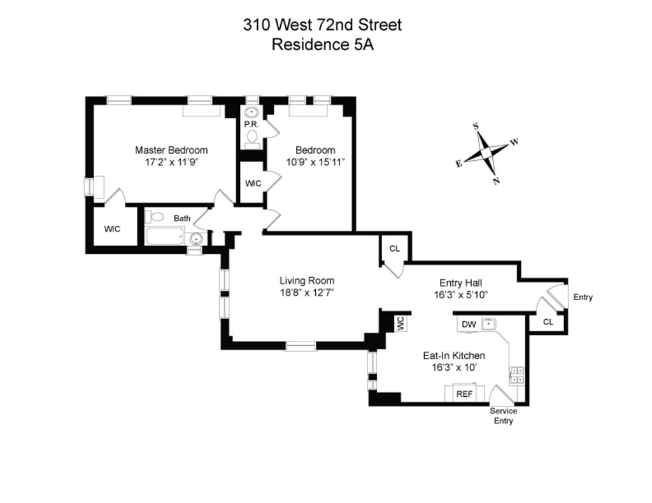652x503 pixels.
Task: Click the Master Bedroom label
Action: pyautogui.click(x=171, y=150)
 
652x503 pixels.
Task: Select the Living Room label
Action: pyautogui.click(x=307, y=280)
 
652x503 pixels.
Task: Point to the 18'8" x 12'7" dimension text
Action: pyautogui.click(x=307, y=293)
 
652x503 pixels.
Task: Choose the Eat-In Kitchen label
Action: pyautogui.click(x=454, y=355)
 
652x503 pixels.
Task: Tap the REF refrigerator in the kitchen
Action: pyautogui.click(x=465, y=394)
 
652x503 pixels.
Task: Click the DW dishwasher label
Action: pyautogui.click(x=469, y=324)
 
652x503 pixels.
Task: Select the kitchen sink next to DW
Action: pyautogui.click(x=488, y=324)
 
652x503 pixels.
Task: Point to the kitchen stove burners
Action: pyautogui.click(x=517, y=375)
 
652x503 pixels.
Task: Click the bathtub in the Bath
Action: pyautogui.click(x=165, y=237)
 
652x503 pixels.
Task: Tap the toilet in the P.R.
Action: pyautogui.click(x=252, y=136)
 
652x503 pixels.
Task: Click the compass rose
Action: pyautogui.click(x=486, y=153)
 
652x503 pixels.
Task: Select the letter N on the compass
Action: pyautogui.click(x=496, y=181)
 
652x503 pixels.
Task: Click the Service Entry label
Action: pyautogui.click(x=503, y=416)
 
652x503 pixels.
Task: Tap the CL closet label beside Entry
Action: pyautogui.click(x=548, y=322)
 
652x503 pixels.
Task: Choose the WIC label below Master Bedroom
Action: pyautogui.click(x=112, y=229)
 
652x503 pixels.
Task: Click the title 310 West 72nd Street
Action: pyautogui.click(x=322, y=25)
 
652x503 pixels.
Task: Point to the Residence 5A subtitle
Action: pyautogui.click(x=322, y=45)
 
